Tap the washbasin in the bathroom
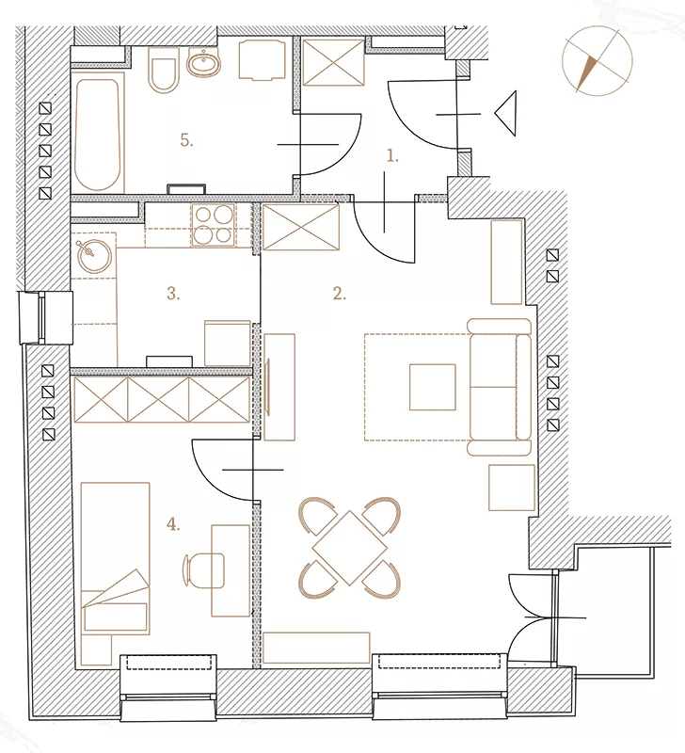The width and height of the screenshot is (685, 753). coord(203,63)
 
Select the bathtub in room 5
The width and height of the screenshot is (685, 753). coord(98,136)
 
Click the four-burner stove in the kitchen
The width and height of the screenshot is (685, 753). coord(214,225)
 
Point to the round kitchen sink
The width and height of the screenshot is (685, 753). coord(94,256)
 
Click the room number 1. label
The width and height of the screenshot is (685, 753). coord(392,155)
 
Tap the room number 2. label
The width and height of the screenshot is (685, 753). coord(340,294)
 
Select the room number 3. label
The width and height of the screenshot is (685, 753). coord(173,294)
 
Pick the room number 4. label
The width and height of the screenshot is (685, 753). coord(173,525)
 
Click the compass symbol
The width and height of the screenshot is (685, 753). coord(597,61)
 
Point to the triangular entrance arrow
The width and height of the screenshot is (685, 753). coord(505,113)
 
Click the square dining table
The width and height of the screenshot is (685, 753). coord(350,548)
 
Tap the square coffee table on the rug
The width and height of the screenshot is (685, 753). coord(433,387)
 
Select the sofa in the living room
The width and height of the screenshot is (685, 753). coord(500,387)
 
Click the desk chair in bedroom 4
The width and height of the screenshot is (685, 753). coord(203,570)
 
